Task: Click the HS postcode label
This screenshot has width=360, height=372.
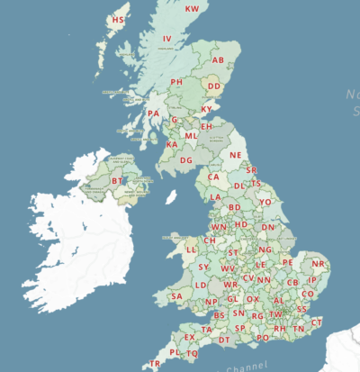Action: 118,20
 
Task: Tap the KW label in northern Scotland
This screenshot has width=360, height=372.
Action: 192,9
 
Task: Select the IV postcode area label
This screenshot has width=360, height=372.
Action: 166,40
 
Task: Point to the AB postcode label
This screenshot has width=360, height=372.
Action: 218,60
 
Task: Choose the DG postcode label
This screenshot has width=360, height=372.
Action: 185,160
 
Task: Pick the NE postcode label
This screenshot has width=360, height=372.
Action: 236,155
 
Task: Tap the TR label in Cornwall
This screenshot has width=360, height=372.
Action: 155,364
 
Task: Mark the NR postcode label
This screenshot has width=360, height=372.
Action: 318,264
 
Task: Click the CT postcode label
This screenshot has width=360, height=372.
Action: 316,322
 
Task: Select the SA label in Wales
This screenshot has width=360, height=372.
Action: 176,296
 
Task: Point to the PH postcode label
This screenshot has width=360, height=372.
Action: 176,82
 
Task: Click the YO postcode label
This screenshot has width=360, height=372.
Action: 265,203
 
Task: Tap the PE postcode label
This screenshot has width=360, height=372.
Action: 288,262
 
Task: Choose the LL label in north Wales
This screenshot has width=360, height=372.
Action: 191,250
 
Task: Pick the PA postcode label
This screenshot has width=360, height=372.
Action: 154,113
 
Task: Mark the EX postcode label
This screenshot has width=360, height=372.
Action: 190,338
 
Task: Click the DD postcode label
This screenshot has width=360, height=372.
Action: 214,86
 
